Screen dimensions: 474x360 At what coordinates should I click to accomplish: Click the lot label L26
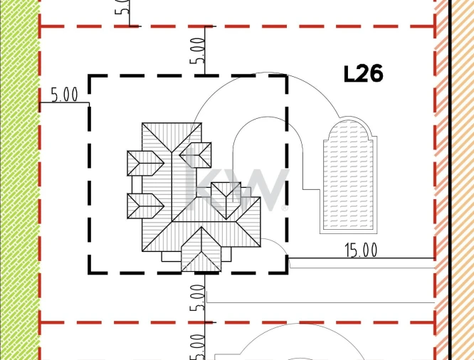(364, 74)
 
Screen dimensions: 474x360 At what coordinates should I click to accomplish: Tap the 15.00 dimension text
(361, 250)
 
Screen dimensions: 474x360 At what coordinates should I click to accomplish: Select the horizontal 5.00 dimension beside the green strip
(64, 95)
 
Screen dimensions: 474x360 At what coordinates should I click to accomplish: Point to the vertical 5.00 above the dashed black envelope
(197, 51)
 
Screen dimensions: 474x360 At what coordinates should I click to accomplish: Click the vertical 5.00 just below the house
(197, 297)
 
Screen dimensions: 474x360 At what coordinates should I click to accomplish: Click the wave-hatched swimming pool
(348, 174)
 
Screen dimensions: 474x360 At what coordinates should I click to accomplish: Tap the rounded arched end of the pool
(348, 129)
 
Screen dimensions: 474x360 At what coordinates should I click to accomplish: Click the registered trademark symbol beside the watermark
(285, 208)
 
